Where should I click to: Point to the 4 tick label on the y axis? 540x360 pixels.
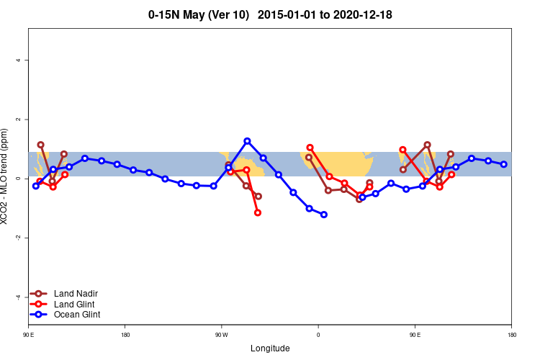(x=18, y=60)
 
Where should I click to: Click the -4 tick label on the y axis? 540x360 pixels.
(x=18, y=297)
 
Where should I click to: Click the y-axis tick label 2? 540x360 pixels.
(x=18, y=119)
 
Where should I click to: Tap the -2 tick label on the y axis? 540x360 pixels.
(x=18, y=238)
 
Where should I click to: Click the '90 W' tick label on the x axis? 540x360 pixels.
(x=221, y=335)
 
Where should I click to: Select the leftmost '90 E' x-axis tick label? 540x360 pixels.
(x=28, y=335)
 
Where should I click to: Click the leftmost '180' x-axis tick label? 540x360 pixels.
(x=125, y=335)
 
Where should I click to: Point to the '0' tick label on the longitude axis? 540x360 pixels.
(x=318, y=335)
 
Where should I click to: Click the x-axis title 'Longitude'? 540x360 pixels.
(x=270, y=348)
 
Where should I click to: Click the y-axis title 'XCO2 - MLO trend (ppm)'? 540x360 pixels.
(x=6, y=176)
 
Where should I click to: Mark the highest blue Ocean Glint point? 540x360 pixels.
(x=247, y=141)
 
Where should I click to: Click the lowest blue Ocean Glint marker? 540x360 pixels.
(x=324, y=215)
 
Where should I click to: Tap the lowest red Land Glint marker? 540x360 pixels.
(x=258, y=212)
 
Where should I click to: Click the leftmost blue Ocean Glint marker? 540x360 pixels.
(x=36, y=186)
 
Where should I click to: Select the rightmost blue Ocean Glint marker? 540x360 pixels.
(x=504, y=164)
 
